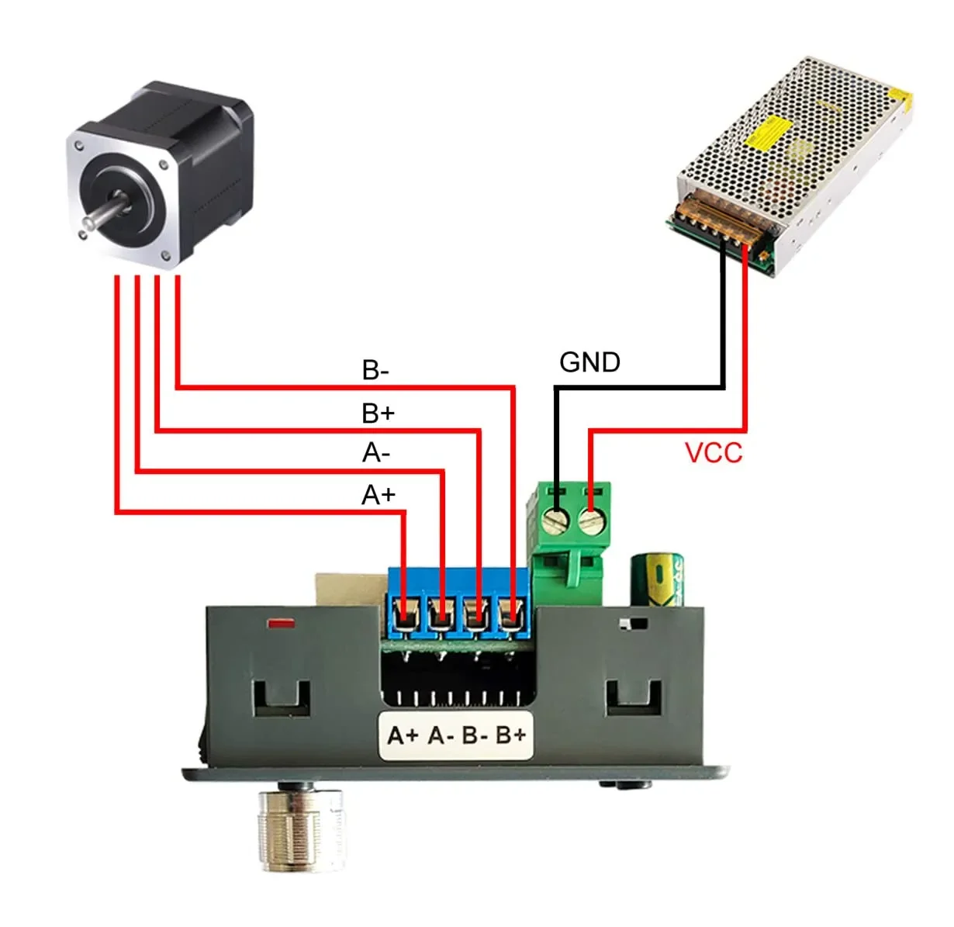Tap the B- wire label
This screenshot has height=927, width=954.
pyautogui.click(x=375, y=371)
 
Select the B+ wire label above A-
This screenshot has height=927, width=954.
pyautogui.click(x=378, y=413)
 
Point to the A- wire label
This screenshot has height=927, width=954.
pyautogui.click(x=376, y=452)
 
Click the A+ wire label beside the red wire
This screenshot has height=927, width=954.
pyautogui.click(x=378, y=494)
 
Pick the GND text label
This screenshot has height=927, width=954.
pyautogui.click(x=589, y=362)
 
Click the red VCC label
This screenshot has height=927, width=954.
pyautogui.click(x=714, y=453)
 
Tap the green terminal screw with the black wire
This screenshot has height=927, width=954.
pyautogui.click(x=556, y=520)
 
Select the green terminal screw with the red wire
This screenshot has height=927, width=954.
pyautogui.click(x=591, y=521)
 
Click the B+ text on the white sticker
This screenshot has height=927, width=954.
pyautogui.click(x=511, y=735)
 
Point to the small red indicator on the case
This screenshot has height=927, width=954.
pyautogui.click(x=279, y=622)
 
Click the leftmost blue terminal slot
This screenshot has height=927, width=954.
pyautogui.click(x=404, y=616)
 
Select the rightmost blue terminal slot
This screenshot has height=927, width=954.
pyautogui.click(x=510, y=616)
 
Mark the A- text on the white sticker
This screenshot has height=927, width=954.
pyautogui.click(x=441, y=735)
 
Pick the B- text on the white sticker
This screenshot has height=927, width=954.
pyautogui.click(x=475, y=735)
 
